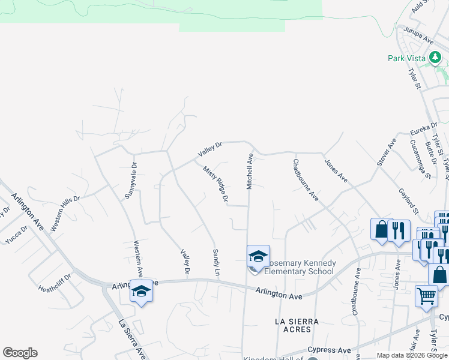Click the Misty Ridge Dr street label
pyautogui.click(x=216, y=184)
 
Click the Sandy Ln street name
pyautogui.click(x=216, y=263)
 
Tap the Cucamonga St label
pyautogui.click(x=420, y=159)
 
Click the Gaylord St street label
pyautogui.click(x=408, y=201)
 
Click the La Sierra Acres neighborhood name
pyautogui.click(x=293, y=325)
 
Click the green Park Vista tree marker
pyautogui.click(x=435, y=58)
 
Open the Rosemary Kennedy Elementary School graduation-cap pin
pyautogui.click(x=258, y=257)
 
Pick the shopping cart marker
pyautogui.click(x=426, y=295)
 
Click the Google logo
pyautogui.click(x=20, y=353)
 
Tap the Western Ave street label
pyautogui.click(x=138, y=258)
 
